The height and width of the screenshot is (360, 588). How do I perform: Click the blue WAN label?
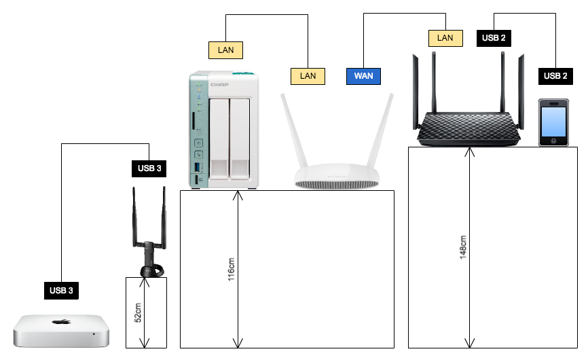tap(363, 76)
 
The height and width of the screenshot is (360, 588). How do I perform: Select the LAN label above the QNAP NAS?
tap(225, 49)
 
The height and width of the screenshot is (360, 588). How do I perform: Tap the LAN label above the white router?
tap(308, 76)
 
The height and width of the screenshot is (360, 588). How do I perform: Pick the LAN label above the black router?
tap(445, 38)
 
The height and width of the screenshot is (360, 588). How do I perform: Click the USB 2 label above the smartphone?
tap(555, 76)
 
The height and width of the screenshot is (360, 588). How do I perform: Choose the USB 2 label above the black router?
tap(494, 38)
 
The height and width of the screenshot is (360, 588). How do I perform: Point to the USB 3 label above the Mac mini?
tap(61, 291)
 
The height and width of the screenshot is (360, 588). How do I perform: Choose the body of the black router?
tap(469, 128)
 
